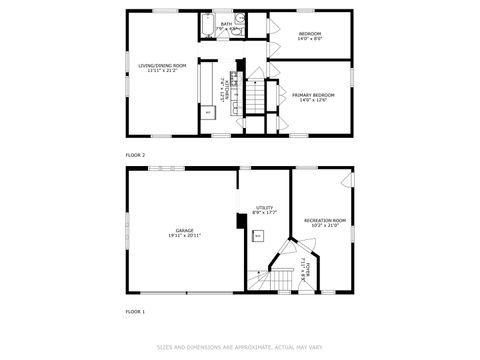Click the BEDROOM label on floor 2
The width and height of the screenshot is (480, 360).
(311, 34)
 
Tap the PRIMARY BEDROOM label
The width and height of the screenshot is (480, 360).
(313, 95)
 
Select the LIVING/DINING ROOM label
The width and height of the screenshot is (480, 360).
(162, 66)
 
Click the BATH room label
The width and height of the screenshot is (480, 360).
(226, 23)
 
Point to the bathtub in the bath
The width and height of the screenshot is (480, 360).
(207, 26)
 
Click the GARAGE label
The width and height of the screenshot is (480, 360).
(184, 230)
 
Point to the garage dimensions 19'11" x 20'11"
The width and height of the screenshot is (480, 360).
(184, 236)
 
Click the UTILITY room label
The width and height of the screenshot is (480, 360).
(264, 207)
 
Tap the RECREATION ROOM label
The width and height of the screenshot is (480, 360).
(325, 220)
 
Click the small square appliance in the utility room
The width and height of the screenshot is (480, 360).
(258, 237)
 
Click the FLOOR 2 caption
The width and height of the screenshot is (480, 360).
(135, 156)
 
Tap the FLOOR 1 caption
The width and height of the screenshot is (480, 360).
(135, 313)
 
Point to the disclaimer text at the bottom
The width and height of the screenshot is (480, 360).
(239, 348)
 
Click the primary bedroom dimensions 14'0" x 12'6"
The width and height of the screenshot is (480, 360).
(313, 101)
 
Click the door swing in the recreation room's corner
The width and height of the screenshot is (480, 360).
(346, 180)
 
